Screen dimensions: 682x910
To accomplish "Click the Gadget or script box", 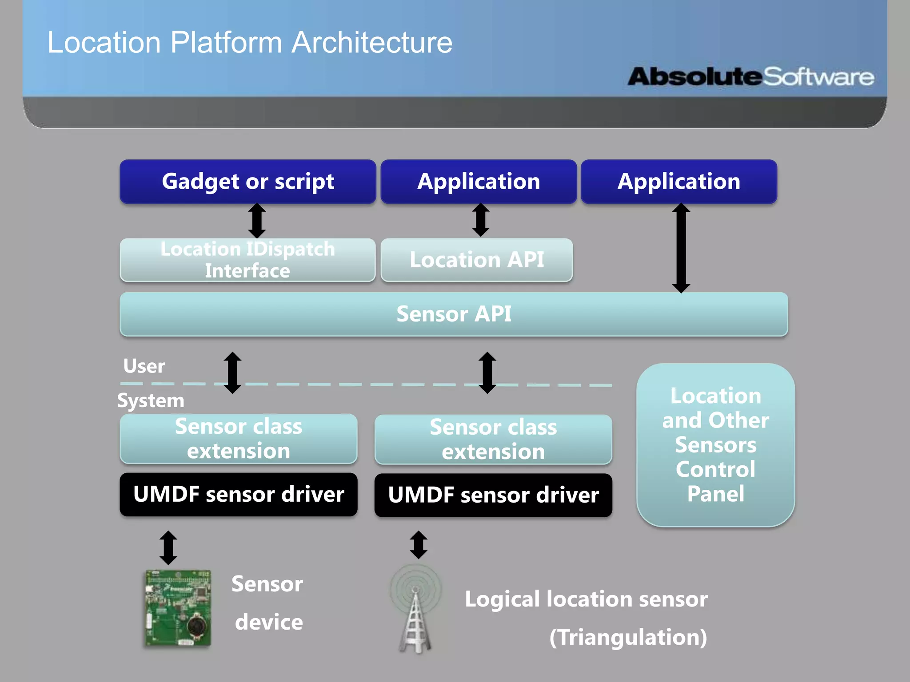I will (247, 182).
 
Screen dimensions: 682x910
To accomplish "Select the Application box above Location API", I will (479, 182).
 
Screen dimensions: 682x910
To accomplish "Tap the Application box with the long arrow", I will (679, 182).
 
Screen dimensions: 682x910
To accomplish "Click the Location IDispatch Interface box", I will (247, 260).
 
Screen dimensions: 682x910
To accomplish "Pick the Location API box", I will (476, 260).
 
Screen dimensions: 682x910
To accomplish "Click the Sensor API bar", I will (454, 314).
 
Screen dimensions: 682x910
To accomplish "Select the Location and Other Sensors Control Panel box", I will (715, 445).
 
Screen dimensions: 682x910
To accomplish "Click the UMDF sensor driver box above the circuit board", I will (239, 494).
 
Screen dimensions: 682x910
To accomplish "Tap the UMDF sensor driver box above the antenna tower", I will (493, 495).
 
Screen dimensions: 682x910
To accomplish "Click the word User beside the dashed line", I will (144, 366).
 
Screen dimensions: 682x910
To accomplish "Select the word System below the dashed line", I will (151, 400).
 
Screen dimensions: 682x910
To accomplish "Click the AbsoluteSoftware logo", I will (751, 77).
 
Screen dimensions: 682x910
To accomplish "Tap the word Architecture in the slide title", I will (372, 43).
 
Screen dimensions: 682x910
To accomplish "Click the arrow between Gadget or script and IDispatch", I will (257, 221).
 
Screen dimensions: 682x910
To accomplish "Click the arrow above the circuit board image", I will (168, 547).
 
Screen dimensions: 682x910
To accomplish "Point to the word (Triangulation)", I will (628, 637).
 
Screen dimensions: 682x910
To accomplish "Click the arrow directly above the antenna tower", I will (419, 545).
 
